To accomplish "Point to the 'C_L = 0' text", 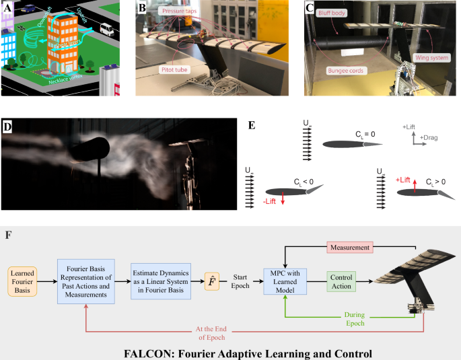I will coord(365,135).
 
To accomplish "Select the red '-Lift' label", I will coord(270,200).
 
